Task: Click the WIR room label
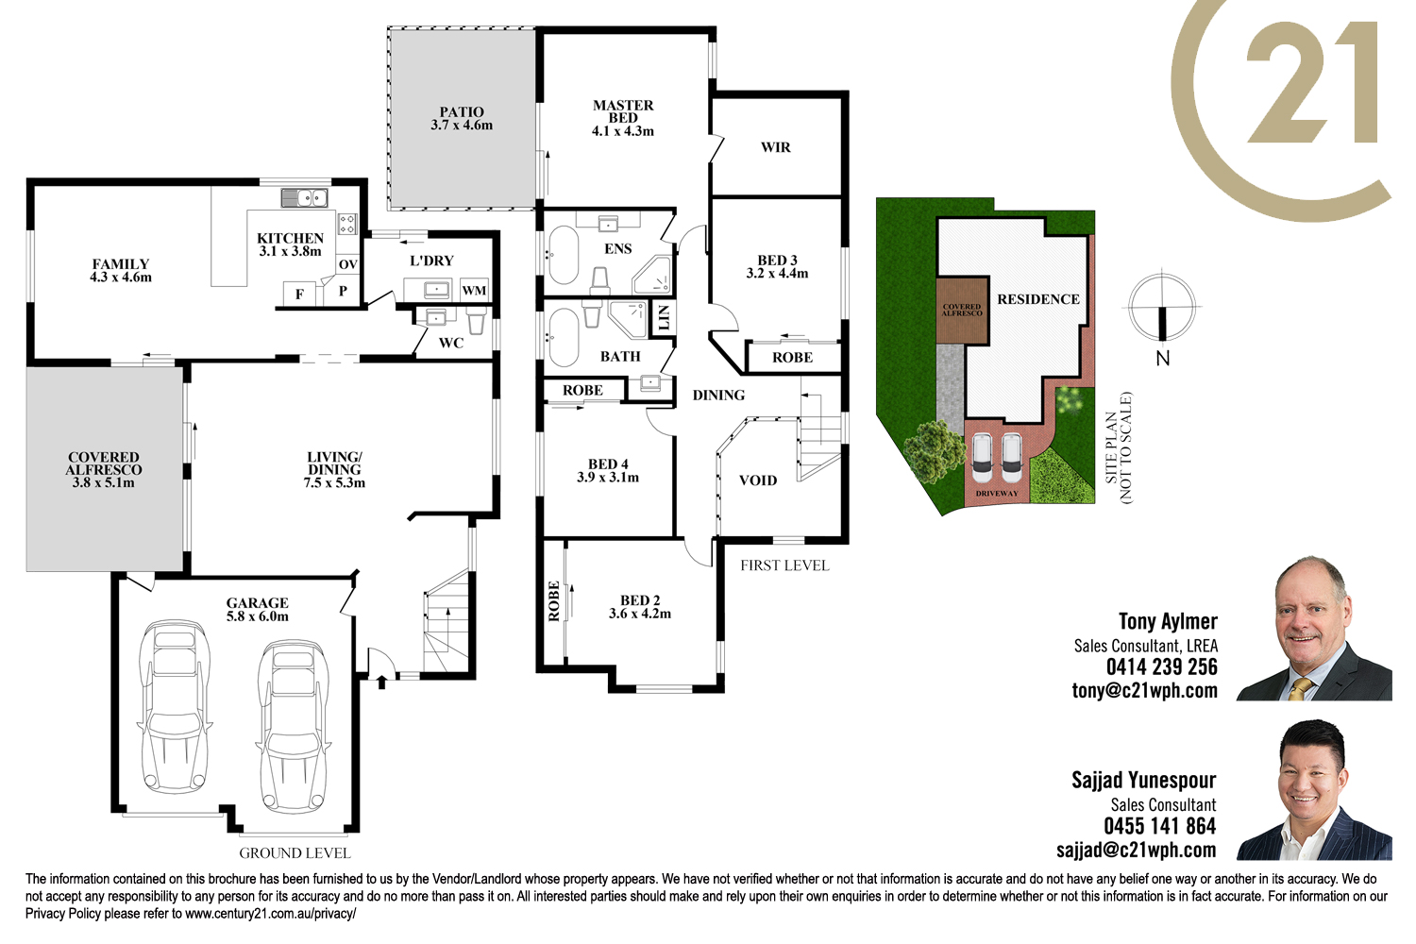(x=776, y=147)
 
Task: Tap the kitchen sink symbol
(x=304, y=198)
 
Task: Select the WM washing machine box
(x=474, y=290)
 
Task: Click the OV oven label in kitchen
(x=347, y=264)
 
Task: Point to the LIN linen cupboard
(x=663, y=318)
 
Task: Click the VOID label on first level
(x=758, y=480)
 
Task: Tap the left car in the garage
(x=175, y=705)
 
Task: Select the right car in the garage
(x=293, y=726)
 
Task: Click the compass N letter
(x=1162, y=359)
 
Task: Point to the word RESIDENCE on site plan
(x=1038, y=299)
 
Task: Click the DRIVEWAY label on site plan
(x=997, y=493)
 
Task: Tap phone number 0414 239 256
(x=1162, y=667)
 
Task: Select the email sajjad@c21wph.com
(x=1137, y=850)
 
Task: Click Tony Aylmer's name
(x=1169, y=621)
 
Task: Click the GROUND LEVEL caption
(x=295, y=853)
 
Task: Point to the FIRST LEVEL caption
(x=784, y=565)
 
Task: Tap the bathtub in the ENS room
(x=564, y=255)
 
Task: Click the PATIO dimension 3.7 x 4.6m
(x=462, y=126)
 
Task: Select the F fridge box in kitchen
(x=299, y=294)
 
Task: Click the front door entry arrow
(x=381, y=683)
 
